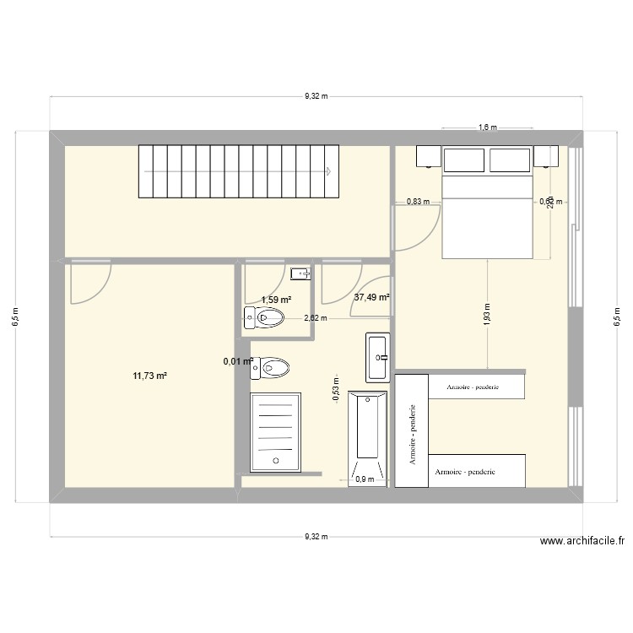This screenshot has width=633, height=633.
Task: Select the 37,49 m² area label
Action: click(371, 297)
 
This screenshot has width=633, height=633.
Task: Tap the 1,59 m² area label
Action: click(276, 300)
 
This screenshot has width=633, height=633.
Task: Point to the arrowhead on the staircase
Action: click(326, 170)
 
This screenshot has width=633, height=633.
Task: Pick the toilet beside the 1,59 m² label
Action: click(265, 318)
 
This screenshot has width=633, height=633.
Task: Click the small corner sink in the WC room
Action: click(300, 273)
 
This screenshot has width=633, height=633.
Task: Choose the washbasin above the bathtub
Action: click(377, 356)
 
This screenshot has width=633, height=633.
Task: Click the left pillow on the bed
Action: click(464, 160)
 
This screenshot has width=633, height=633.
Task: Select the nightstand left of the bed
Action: click(428, 156)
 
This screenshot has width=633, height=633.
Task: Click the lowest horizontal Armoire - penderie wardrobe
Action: click(478, 471)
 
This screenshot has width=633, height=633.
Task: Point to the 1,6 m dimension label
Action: click(487, 127)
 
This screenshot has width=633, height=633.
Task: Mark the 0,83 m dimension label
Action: click(418, 202)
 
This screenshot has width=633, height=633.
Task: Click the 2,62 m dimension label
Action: click(316, 318)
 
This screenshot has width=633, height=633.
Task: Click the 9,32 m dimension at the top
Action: click(316, 97)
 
